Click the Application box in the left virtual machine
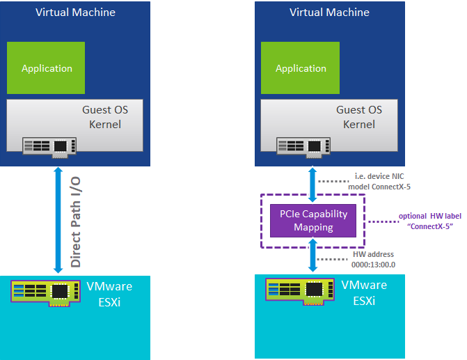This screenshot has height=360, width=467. point(46,68)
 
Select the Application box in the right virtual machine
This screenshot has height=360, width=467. point(300,68)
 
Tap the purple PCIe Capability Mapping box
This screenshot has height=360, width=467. point(313,221)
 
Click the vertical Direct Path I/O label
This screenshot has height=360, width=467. point(76,222)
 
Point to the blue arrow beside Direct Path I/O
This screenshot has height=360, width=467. point(58,220)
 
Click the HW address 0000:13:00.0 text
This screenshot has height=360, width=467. point(373,260)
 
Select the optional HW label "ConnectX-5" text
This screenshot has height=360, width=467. point(430,221)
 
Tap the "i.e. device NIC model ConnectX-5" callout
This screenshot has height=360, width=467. point(379,182)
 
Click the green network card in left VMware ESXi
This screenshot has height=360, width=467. point(45,293)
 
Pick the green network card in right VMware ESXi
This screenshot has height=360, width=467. point(300,292)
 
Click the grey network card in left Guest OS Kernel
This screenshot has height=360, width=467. point(49,148)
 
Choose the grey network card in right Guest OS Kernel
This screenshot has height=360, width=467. point(303,148)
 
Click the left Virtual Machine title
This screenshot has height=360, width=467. point(75,13)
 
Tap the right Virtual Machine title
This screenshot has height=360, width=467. point(329,13)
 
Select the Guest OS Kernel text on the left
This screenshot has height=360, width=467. point(105,117)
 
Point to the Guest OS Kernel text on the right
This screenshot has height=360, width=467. point(359,117)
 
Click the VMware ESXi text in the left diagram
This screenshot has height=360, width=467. point(109,294)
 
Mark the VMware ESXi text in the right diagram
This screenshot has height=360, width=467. point(364,292)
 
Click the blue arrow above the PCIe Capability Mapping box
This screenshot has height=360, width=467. point(312,185)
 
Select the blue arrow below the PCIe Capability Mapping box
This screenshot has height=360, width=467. point(312,255)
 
